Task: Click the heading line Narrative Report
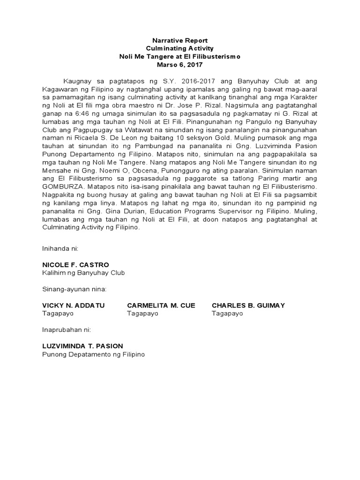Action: coord(180,41)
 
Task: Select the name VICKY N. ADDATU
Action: coord(74,306)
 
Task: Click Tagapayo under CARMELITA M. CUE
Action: coord(142,313)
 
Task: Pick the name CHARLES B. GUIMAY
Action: coord(248,306)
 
